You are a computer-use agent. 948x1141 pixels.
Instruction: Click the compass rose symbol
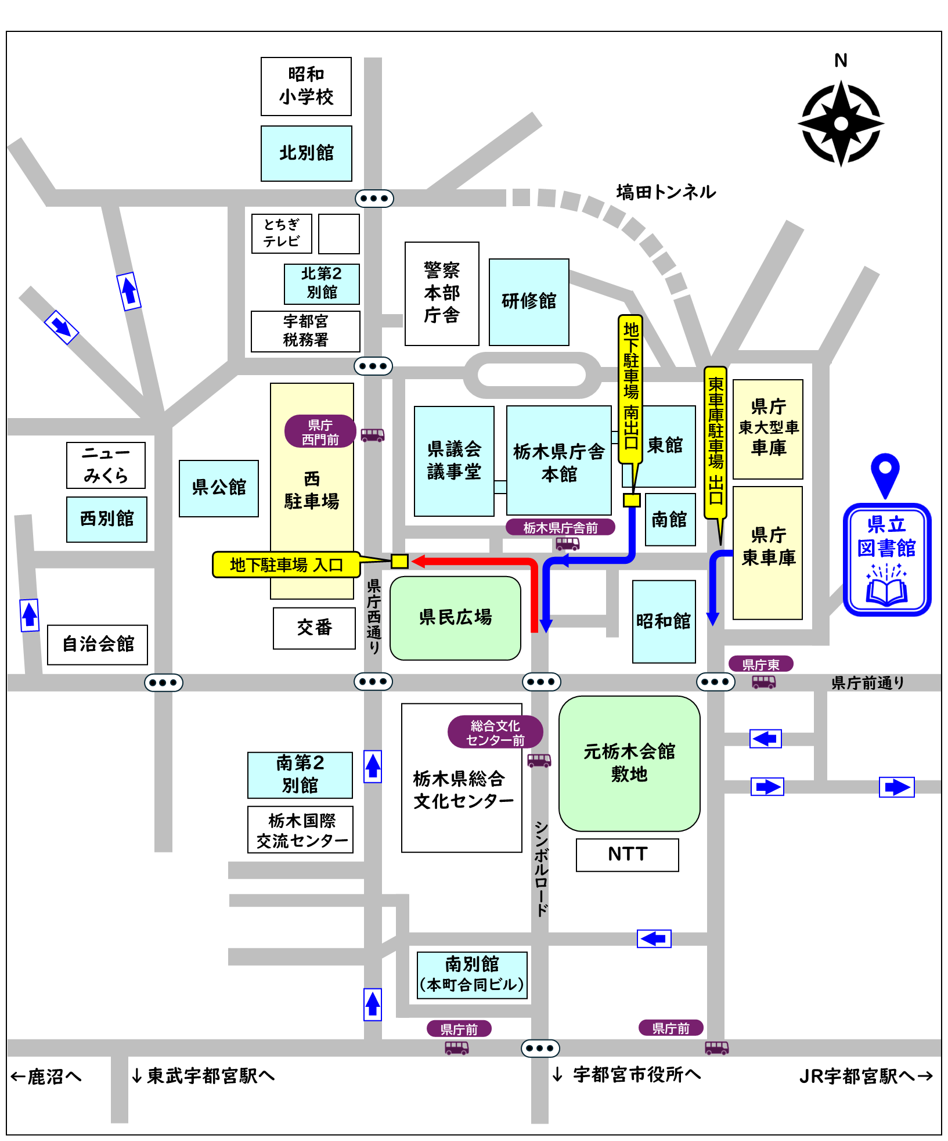click(x=841, y=123)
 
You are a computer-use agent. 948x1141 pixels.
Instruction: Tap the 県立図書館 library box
click(x=886, y=559)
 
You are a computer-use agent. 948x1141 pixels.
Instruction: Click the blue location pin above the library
click(x=885, y=474)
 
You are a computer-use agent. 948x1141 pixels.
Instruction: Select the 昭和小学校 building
click(x=306, y=86)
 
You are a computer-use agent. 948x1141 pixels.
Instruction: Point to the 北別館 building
click(x=306, y=153)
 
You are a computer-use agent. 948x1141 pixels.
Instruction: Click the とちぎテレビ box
click(x=282, y=233)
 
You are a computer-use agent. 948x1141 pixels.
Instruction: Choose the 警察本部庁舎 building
click(x=442, y=293)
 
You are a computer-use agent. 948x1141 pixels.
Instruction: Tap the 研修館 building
click(x=529, y=301)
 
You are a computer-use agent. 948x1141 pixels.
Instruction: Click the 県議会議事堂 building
click(x=454, y=460)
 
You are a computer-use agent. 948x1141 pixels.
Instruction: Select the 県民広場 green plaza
click(x=455, y=617)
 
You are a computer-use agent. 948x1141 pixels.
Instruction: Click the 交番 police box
click(x=314, y=628)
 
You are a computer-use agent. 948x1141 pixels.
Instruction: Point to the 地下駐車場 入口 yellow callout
click(x=286, y=564)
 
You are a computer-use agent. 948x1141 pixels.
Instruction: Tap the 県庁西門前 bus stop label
click(x=320, y=431)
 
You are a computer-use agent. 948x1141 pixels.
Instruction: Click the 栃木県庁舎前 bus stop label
click(x=560, y=527)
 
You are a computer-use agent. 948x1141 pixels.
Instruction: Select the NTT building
click(x=627, y=854)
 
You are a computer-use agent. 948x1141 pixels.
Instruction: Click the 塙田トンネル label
click(x=665, y=192)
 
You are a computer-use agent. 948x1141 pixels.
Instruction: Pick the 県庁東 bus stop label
click(x=760, y=664)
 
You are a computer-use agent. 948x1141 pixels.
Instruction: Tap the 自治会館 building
click(x=98, y=644)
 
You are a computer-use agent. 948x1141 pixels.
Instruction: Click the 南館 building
click(x=670, y=519)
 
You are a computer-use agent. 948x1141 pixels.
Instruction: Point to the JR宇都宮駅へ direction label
click(x=865, y=1076)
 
